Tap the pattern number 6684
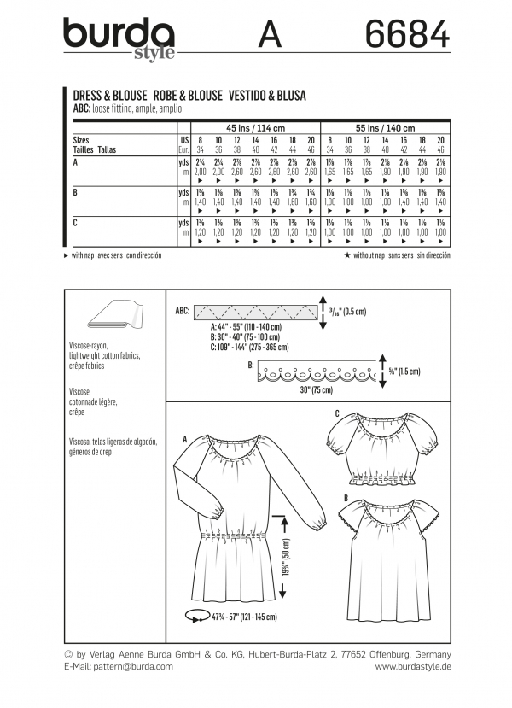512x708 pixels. pos(406,35)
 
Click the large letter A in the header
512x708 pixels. pos(270,37)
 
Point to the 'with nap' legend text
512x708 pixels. pos(88,255)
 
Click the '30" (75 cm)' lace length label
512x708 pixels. pos(295,390)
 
